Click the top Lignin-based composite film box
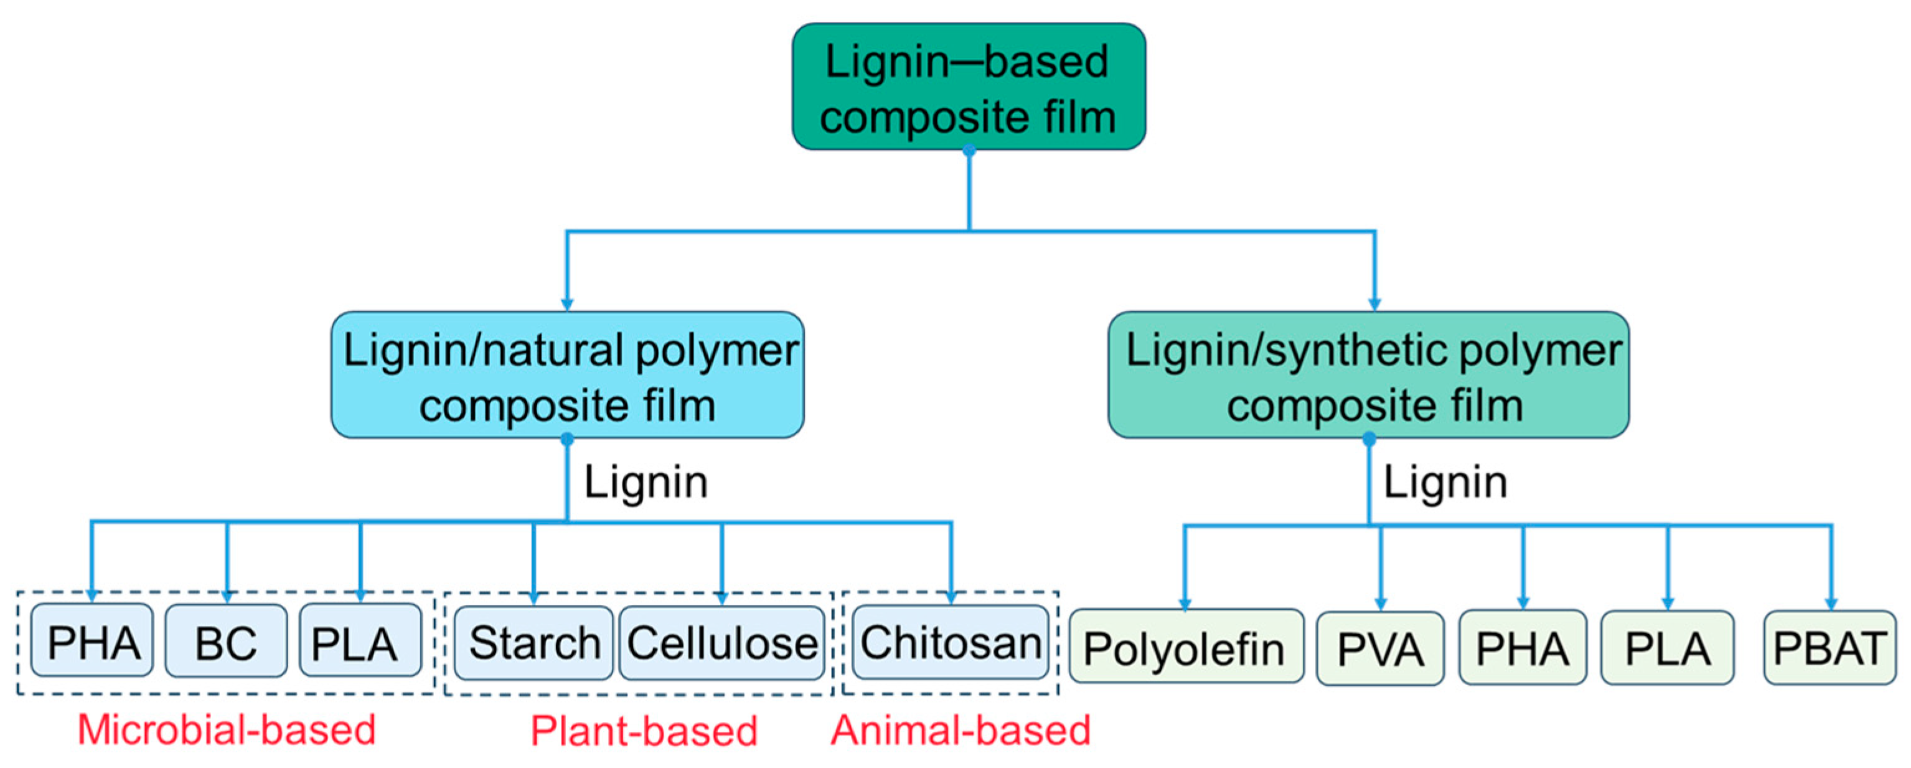click(x=969, y=87)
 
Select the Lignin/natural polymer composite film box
click(x=568, y=375)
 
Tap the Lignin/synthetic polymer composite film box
click(x=1369, y=375)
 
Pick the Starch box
click(x=534, y=643)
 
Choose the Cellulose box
click(x=722, y=643)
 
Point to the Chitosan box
click(x=951, y=643)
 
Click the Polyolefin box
click(x=1185, y=648)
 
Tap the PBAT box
click(x=1829, y=648)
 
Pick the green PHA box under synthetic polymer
click(x=1523, y=648)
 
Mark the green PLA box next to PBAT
click(x=1667, y=648)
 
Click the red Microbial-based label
click(x=226, y=730)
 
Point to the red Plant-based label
click(x=644, y=731)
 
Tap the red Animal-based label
click(x=960, y=730)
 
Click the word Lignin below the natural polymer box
click(x=646, y=482)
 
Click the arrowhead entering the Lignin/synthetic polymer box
click(x=1374, y=304)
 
